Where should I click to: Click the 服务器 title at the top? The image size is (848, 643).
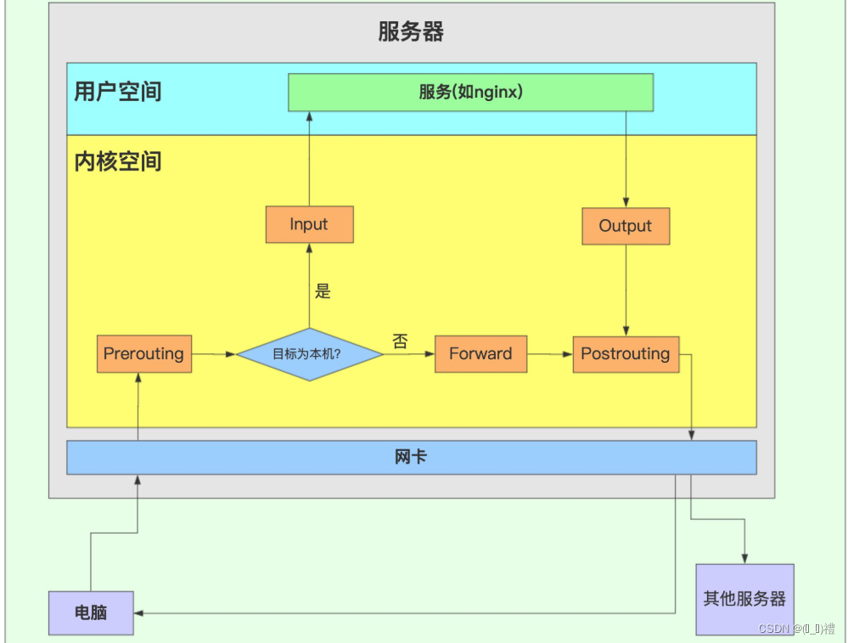coord(411,32)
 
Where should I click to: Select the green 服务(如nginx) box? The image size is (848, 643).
coord(470,92)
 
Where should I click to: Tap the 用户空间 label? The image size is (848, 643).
coord(118,92)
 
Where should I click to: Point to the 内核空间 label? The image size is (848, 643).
coord(118,161)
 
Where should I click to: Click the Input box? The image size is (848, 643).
coord(309,224)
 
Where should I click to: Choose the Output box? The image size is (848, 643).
coord(626,226)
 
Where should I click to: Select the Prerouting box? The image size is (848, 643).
coord(143,353)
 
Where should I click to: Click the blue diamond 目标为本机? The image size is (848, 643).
coord(309,354)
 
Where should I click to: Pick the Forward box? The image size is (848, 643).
coord(480,353)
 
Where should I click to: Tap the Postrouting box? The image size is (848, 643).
coord(626,353)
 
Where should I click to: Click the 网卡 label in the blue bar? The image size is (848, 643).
coord(411,457)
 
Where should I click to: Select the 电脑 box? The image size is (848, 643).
coord(91,612)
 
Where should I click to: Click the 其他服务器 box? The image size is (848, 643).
coord(744,599)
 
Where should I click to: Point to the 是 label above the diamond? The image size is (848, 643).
coord(323,291)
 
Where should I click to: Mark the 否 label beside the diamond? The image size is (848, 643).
coord(400,341)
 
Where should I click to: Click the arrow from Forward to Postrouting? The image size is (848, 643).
coord(550,354)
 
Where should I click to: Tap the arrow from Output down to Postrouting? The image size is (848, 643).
coord(626,289)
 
